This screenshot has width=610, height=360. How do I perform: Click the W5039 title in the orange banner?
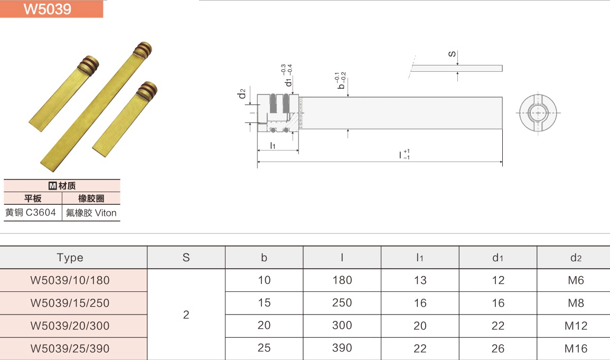point(48,8)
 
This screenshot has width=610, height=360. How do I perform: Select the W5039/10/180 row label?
point(70,280)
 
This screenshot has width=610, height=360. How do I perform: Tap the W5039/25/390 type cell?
point(70,349)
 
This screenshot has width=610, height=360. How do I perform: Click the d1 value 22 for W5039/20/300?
point(498,326)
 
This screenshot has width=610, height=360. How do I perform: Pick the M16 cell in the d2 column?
point(576,349)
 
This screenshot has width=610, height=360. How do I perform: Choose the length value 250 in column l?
point(342,303)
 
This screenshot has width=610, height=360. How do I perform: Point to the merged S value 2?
point(186,315)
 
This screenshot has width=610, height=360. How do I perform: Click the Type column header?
point(70,258)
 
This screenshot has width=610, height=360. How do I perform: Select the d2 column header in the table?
point(576,258)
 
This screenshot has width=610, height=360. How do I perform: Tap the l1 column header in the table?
point(420,258)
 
